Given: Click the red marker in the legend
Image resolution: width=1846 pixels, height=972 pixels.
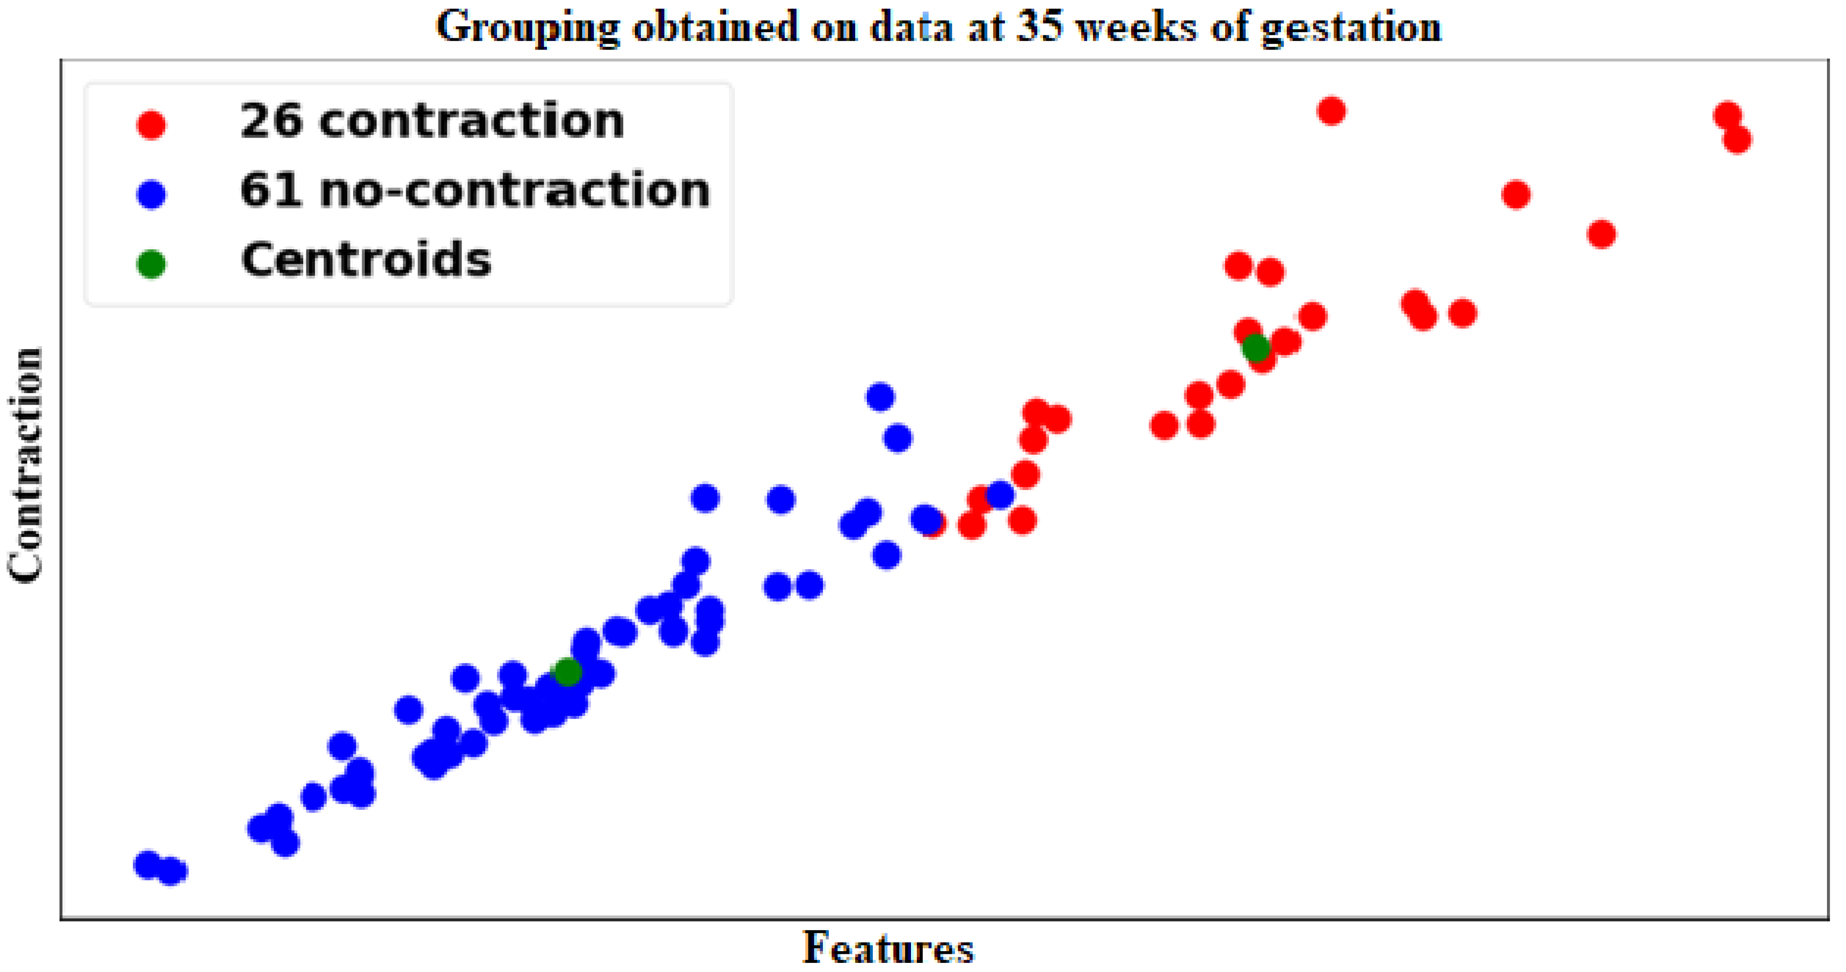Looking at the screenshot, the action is (x=151, y=125).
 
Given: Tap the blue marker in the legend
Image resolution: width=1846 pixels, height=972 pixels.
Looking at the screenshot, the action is (x=151, y=194).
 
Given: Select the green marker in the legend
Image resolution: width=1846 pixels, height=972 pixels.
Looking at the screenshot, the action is (x=151, y=264).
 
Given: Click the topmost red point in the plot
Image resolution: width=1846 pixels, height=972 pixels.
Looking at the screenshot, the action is (x=1331, y=111).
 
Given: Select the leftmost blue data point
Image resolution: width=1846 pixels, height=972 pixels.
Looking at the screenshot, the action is (x=148, y=864).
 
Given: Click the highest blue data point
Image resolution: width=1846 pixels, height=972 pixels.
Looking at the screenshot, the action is (x=880, y=396).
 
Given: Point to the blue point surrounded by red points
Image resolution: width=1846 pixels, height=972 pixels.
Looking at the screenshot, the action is (x=999, y=494).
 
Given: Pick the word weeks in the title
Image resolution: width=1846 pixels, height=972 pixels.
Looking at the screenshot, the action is (x=1137, y=27).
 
